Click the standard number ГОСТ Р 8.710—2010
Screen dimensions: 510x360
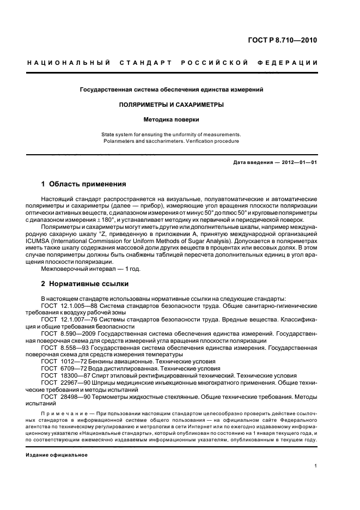click(x=285, y=40)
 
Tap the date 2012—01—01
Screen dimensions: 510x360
click(x=299, y=163)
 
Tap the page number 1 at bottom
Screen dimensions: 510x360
click(x=316, y=466)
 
